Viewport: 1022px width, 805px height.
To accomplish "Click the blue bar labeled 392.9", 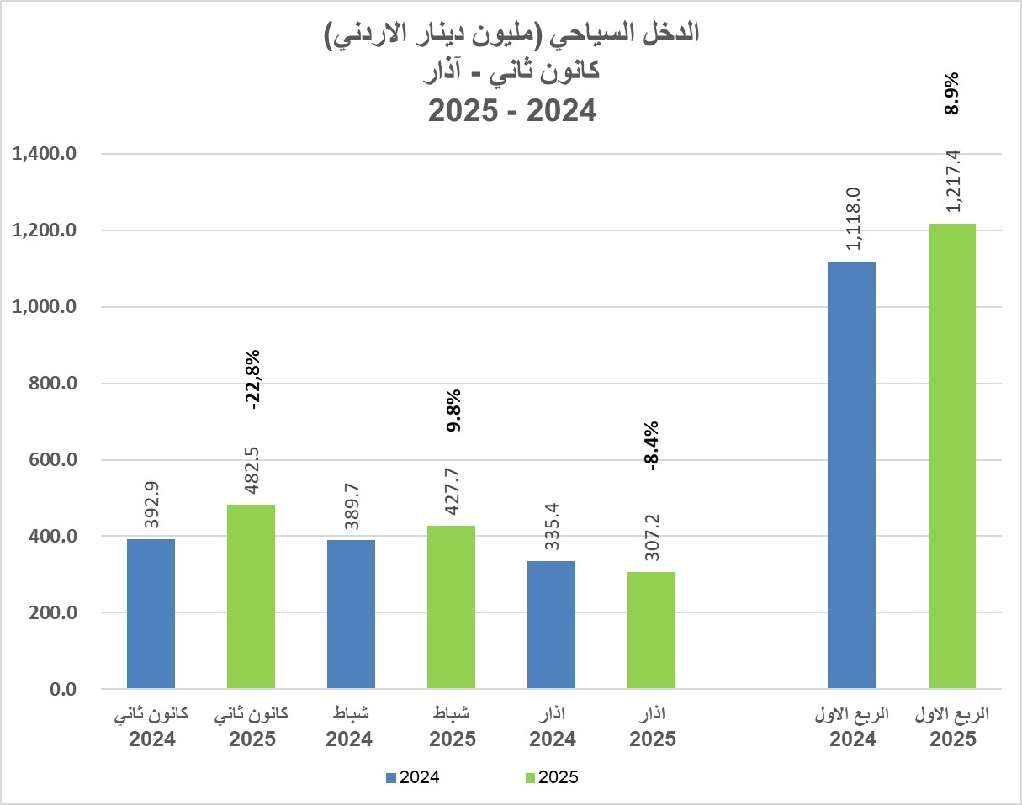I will coord(151,613).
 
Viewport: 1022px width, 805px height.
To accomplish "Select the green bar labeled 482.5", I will coord(251,596).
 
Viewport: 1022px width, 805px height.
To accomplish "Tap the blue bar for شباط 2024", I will coord(351,614).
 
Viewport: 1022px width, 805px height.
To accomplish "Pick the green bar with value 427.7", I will coord(451,607).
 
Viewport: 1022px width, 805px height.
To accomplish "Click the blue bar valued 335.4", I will coord(551,624).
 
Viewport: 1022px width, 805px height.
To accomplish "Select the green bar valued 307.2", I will coord(651,630).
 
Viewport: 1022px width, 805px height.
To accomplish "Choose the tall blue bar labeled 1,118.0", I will coord(851,474).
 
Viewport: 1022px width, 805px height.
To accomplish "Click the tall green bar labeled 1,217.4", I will coord(951,456).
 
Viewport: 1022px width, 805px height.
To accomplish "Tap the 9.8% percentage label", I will coord(454,410).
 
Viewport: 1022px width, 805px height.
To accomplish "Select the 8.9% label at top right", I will coord(954,93).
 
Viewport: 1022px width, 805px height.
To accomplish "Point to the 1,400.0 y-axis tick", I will coord(41,155).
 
